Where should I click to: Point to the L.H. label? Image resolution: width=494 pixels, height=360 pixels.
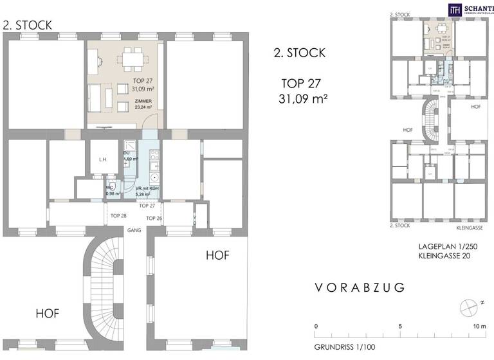coord(102,160)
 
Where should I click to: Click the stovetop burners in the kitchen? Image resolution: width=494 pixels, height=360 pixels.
coord(154,155)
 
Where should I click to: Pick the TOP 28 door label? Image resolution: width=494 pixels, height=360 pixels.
coord(119,215)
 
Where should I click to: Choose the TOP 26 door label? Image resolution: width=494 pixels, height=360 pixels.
coord(154,219)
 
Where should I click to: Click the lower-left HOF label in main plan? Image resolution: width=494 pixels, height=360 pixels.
coord(48,314)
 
